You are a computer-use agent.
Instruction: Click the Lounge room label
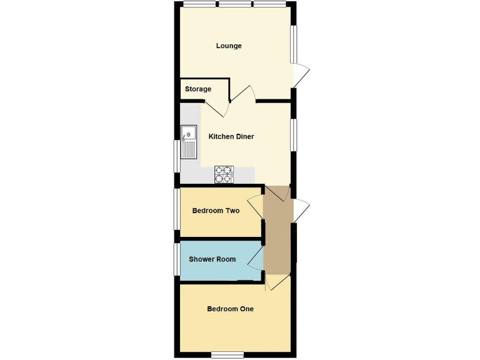click(x=229, y=46)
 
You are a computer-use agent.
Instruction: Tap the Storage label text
click(x=197, y=89)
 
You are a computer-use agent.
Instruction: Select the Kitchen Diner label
click(x=231, y=137)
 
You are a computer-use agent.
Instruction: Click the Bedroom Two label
click(x=216, y=211)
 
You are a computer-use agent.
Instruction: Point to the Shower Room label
click(x=212, y=259)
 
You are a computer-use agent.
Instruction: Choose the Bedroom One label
click(x=230, y=309)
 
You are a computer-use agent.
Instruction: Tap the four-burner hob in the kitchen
click(x=224, y=174)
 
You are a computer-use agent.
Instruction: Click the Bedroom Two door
click(x=256, y=206)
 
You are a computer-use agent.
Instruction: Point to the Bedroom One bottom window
click(x=226, y=354)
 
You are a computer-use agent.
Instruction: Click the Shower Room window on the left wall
click(x=177, y=259)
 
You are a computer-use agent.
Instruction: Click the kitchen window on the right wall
click(x=294, y=134)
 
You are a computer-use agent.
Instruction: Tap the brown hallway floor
click(x=277, y=231)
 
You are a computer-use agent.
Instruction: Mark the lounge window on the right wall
click(x=294, y=44)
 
